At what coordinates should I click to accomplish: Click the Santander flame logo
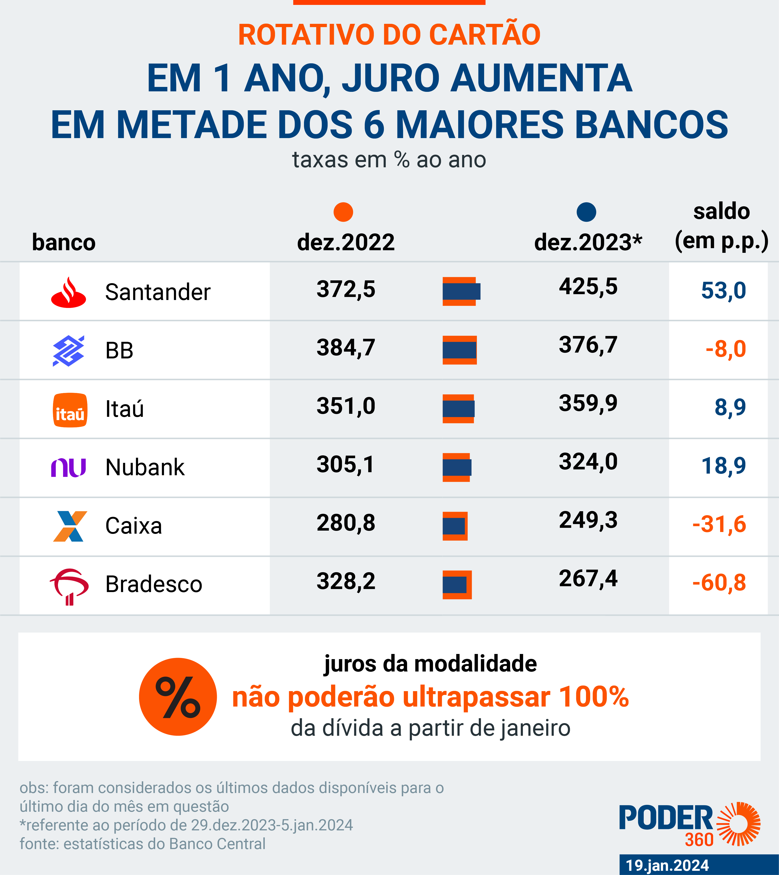pyautogui.click(x=68, y=292)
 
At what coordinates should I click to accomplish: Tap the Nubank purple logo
pyautogui.click(x=68, y=468)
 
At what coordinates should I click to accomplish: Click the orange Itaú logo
pyautogui.click(x=70, y=410)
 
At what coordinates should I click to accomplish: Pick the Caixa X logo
pyautogui.click(x=70, y=526)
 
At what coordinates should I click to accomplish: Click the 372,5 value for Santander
pyautogui.click(x=346, y=289)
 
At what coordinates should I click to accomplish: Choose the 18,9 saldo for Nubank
pyautogui.click(x=723, y=466)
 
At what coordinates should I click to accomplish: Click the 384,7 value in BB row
pyautogui.click(x=346, y=347)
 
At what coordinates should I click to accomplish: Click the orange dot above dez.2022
pyautogui.click(x=343, y=212)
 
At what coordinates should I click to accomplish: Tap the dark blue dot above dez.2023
pyautogui.click(x=586, y=212)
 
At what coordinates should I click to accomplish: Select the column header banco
pyautogui.click(x=64, y=242)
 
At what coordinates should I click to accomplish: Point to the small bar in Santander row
pyautogui.click(x=461, y=292)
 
